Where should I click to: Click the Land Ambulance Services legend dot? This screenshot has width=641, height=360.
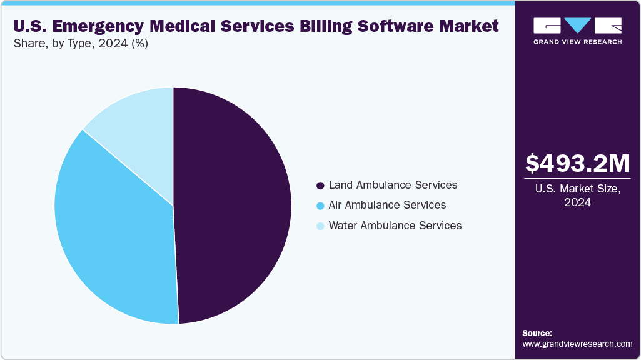tap(320, 186)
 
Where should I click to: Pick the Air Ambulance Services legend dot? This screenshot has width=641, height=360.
tap(320, 206)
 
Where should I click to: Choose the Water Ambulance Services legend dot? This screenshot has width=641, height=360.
tap(320, 226)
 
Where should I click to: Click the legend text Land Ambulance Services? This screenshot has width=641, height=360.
tap(393, 185)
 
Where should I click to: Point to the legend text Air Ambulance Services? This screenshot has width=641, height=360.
tap(387, 205)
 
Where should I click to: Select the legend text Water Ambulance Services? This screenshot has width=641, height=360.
tap(395, 225)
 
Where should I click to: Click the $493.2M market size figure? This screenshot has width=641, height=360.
tap(577, 164)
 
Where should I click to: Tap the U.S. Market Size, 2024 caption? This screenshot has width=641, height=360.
tap(577, 196)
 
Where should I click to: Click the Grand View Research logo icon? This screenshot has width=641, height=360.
tap(577, 26)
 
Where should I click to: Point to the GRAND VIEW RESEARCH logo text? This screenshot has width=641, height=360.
tap(577, 42)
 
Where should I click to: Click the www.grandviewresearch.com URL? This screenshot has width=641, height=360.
tap(577, 344)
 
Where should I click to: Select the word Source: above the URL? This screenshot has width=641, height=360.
tap(537, 333)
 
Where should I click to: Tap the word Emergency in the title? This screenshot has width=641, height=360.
tap(93, 26)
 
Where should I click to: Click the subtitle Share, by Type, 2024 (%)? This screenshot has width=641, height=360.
tap(80, 44)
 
